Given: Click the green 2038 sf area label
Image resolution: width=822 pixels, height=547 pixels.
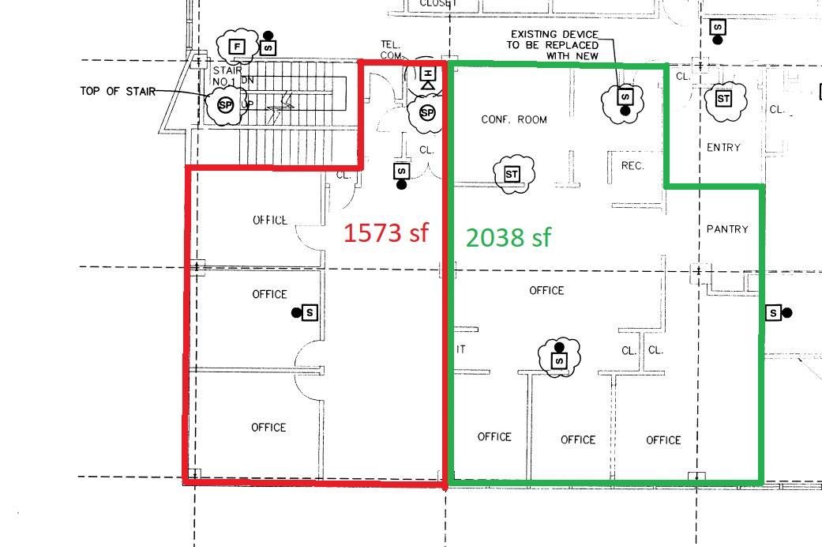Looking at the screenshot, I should coord(508,236).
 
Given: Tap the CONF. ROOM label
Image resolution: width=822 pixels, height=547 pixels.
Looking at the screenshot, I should coord(514,119).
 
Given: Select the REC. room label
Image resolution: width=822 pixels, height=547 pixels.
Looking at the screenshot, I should coord(632,166).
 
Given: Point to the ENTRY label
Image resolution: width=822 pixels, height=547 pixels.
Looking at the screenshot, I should coord(723,147).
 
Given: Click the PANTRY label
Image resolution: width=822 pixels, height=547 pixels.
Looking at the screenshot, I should coord(727,229).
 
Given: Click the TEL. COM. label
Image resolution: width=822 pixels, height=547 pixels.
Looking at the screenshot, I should coord(392,50).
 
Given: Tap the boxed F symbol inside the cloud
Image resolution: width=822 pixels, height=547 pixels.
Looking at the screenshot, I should coord(237,47).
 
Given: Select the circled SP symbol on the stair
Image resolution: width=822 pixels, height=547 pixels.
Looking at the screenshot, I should coord(225,104).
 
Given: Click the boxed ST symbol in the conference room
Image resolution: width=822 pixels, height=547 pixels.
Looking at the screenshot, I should coord(511,173).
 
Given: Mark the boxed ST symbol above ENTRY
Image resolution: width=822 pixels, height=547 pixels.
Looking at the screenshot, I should coord(723,98).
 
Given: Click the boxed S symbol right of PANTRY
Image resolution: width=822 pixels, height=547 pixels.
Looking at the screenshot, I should coord(774,313).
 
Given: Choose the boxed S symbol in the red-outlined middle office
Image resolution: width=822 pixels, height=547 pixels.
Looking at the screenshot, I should coord(310,313).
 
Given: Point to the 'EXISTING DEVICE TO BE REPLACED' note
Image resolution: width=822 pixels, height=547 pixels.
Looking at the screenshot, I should coord(554,45).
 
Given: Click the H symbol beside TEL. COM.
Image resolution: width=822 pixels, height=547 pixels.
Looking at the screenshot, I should coord(427,77).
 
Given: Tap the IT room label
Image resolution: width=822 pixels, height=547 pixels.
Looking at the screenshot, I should coord(460,349).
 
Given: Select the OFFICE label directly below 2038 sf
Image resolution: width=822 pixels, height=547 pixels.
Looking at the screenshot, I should coord(546,291).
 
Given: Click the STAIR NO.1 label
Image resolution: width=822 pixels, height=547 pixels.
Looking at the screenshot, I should coord(227,76).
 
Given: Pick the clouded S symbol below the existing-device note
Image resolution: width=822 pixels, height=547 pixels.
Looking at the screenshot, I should coord(625,97).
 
